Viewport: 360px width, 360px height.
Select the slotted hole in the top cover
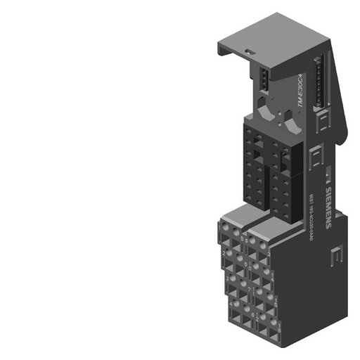point(249,51)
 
